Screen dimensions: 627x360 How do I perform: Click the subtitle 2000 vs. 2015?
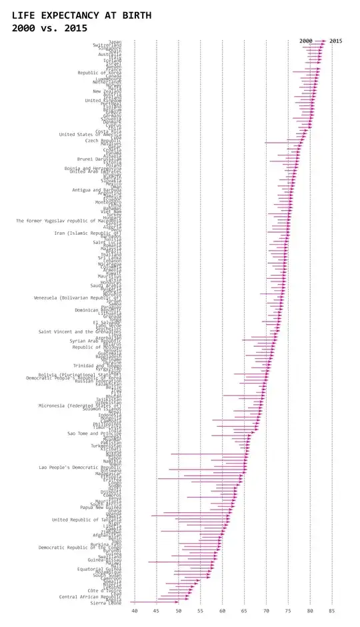pos(49,28)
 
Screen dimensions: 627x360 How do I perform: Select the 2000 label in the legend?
pos(306,41)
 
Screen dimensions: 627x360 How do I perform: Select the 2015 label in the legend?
pos(335,41)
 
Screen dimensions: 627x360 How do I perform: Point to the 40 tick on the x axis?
pos(134,610)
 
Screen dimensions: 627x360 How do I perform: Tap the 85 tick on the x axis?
pos(331,610)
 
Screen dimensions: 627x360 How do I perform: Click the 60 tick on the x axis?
pos(222,610)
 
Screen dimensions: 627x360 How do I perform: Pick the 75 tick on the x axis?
pos(287,610)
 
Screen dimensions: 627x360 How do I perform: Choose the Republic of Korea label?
pos(99,73)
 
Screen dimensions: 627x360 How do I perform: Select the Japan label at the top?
pos(115,42)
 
